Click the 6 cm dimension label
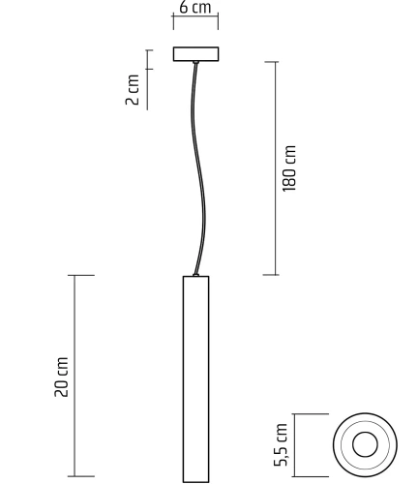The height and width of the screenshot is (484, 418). coord(195,8)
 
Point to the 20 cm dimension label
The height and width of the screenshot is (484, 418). coord(62,378)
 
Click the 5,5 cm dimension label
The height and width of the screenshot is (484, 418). coord(283,444)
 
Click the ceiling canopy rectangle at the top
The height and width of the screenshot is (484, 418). coord(195,54)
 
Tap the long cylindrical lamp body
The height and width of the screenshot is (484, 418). coord(195,378)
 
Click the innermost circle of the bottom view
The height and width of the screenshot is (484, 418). coord(364,445)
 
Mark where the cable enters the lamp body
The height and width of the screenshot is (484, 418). coord(196,274)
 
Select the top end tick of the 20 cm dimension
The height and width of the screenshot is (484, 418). coord(82,275)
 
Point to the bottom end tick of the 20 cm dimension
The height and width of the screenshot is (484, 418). coord(82,480)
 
